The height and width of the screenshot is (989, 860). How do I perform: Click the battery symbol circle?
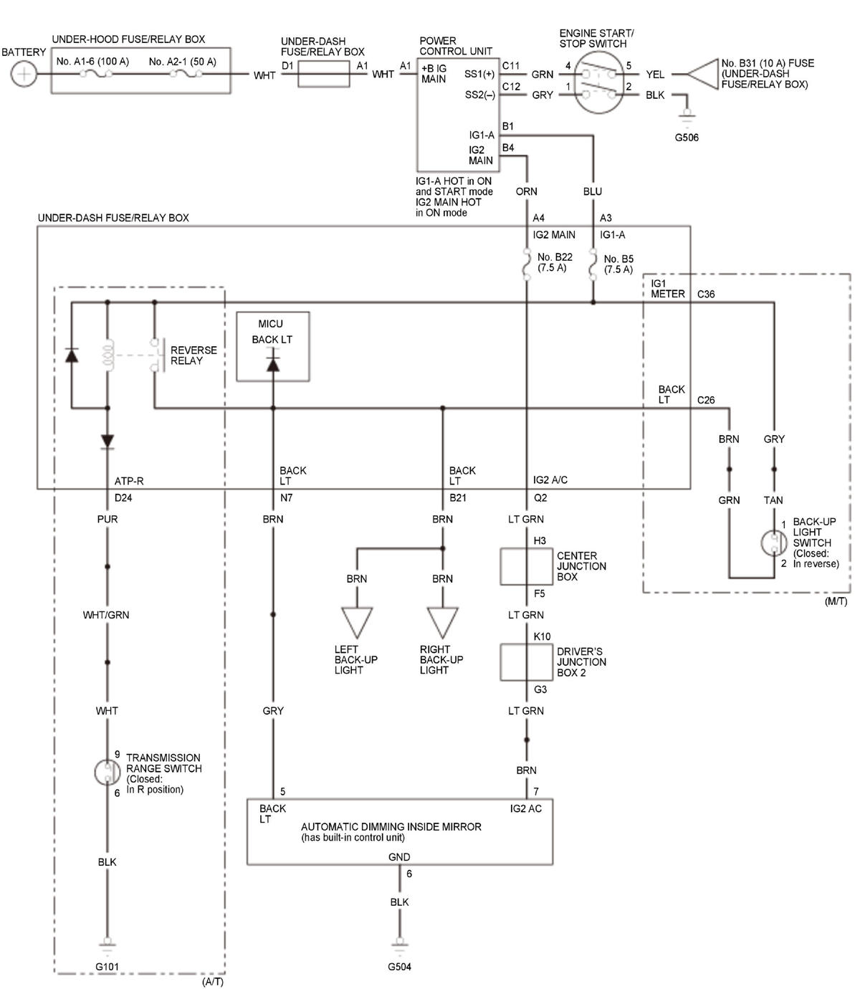(23, 74)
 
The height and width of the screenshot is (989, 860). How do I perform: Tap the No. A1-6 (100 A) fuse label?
(92, 62)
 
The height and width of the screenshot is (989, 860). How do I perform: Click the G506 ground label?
(687, 138)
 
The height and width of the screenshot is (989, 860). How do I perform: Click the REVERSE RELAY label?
(193, 355)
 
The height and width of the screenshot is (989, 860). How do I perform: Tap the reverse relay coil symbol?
(107, 355)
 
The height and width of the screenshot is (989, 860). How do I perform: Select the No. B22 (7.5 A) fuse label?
(555, 262)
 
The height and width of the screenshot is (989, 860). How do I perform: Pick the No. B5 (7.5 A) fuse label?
(618, 264)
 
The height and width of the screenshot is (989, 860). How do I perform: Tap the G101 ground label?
(107, 966)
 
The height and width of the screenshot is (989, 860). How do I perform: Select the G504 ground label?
(399, 966)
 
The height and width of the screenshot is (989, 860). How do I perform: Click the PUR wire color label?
(107, 519)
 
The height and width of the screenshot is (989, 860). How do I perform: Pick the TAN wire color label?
(773, 500)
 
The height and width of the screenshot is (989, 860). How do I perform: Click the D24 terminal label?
(123, 497)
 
